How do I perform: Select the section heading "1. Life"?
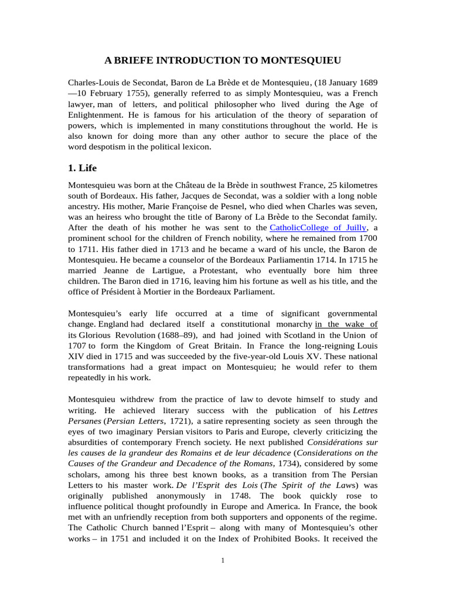pyautogui.click(x=84, y=168)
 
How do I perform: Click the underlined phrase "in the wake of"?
pyautogui.click(x=346, y=324)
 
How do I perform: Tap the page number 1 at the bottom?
pyautogui.click(x=223, y=561)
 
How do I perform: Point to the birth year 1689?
pyautogui.click(x=367, y=83)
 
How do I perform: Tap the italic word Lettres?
pyautogui.click(x=365, y=410)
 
